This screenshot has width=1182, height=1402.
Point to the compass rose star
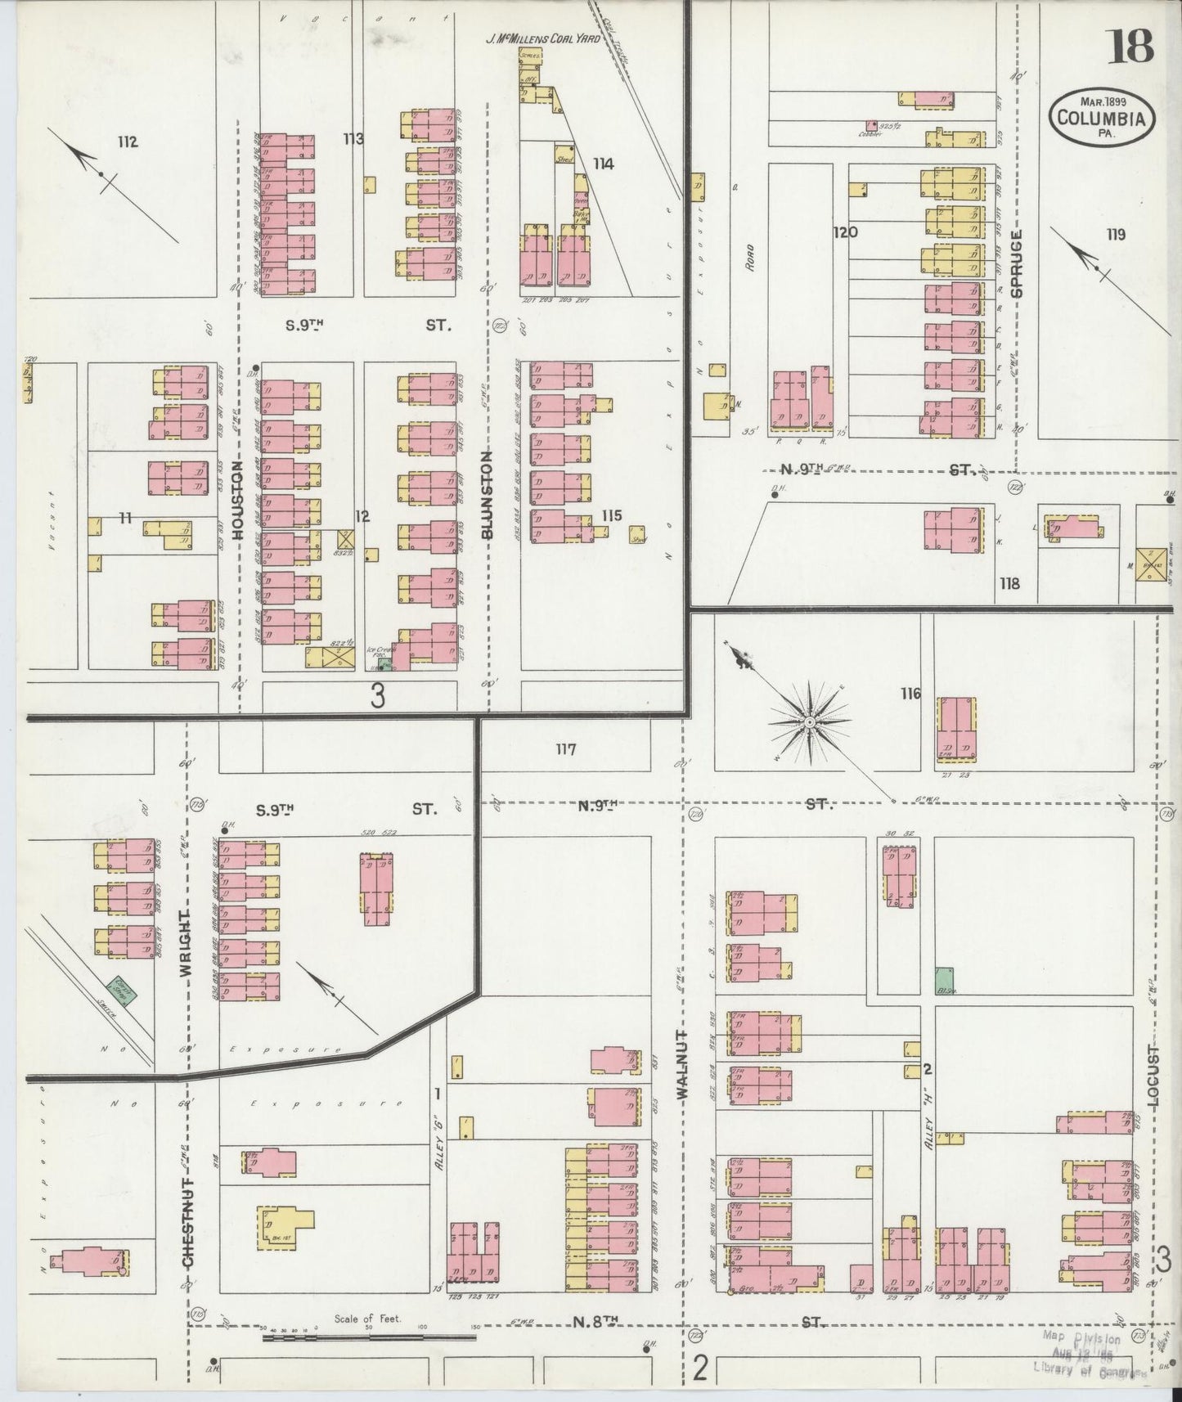[x=809, y=721]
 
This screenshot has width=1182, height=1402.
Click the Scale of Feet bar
[x=369, y=1337]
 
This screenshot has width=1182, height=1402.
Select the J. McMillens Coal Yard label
[x=554, y=38]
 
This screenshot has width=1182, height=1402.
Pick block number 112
[x=127, y=142]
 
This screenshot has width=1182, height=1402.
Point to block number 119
[x=1116, y=234]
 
